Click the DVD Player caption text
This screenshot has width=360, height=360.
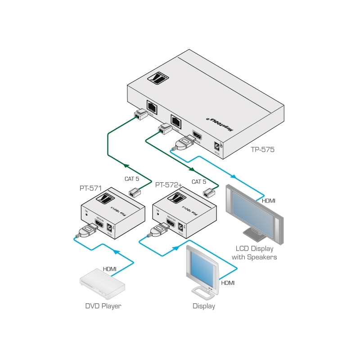(103, 306)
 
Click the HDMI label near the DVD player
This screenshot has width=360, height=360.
(110, 269)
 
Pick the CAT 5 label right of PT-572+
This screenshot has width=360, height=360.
(199, 182)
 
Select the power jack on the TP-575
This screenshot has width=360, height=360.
(218, 146)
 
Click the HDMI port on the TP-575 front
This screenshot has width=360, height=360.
(197, 134)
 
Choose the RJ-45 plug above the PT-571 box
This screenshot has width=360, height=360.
(134, 193)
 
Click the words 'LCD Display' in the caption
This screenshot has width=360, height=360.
(254, 249)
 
